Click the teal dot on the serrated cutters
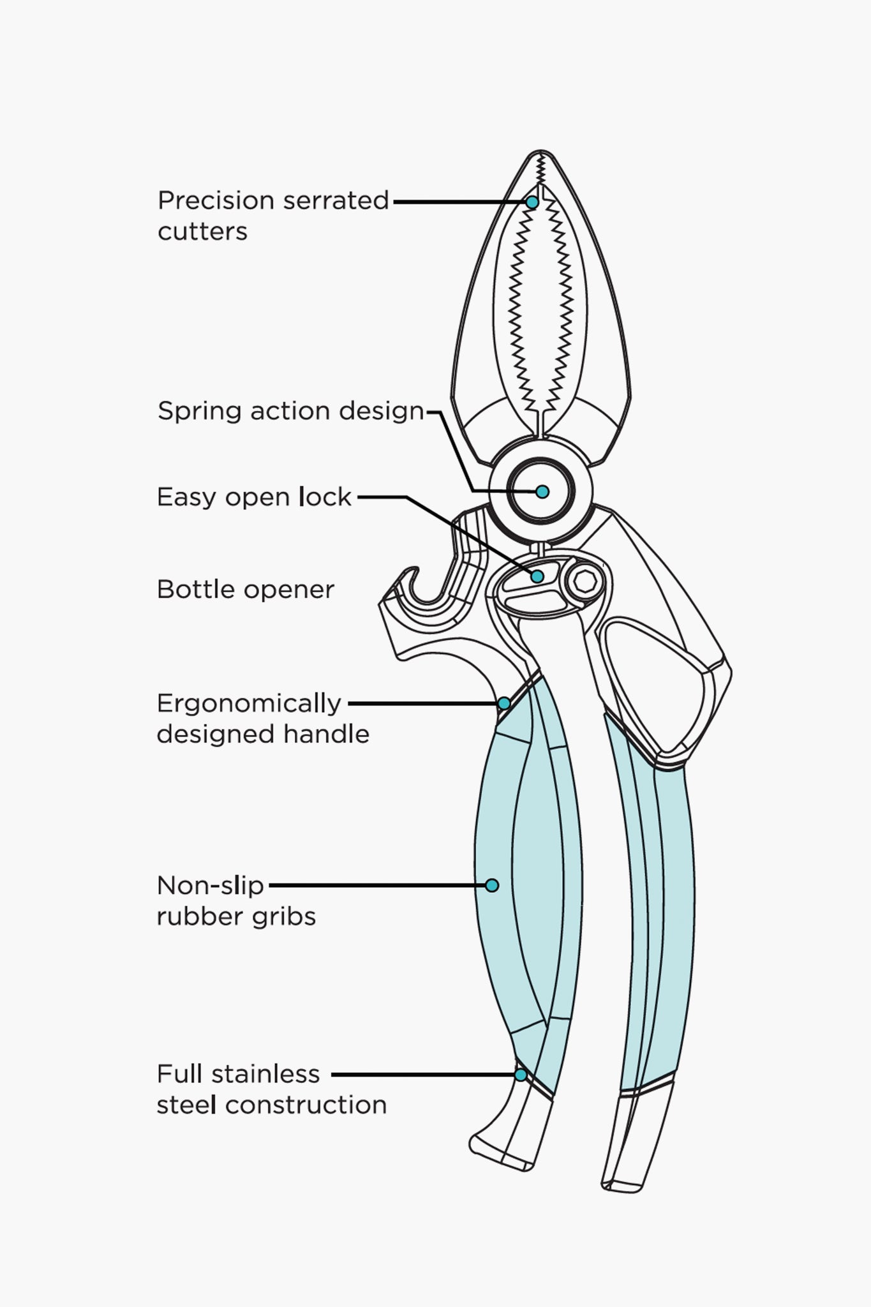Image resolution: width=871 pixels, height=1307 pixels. point(532,202)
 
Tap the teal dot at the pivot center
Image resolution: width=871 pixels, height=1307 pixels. point(542,491)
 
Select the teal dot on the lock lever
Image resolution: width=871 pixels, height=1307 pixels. point(537,576)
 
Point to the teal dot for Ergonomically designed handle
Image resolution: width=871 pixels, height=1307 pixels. point(503,703)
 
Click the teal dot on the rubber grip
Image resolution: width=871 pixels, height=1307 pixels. point(491,885)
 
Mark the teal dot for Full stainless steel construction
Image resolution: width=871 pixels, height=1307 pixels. point(521,1075)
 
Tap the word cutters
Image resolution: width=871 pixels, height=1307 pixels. point(202,231)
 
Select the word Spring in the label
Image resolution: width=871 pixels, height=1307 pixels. point(199,411)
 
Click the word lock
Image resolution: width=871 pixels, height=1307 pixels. point(325,497)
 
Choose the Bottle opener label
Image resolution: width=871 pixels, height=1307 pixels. point(245,590)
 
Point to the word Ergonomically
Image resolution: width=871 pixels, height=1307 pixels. point(249,703)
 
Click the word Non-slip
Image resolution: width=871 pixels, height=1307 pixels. point(210,885)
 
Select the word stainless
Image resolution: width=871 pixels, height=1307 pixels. point(265,1075)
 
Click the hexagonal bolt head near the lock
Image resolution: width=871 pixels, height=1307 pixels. point(583,581)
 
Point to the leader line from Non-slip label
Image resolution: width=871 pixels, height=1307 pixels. point(376,885)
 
